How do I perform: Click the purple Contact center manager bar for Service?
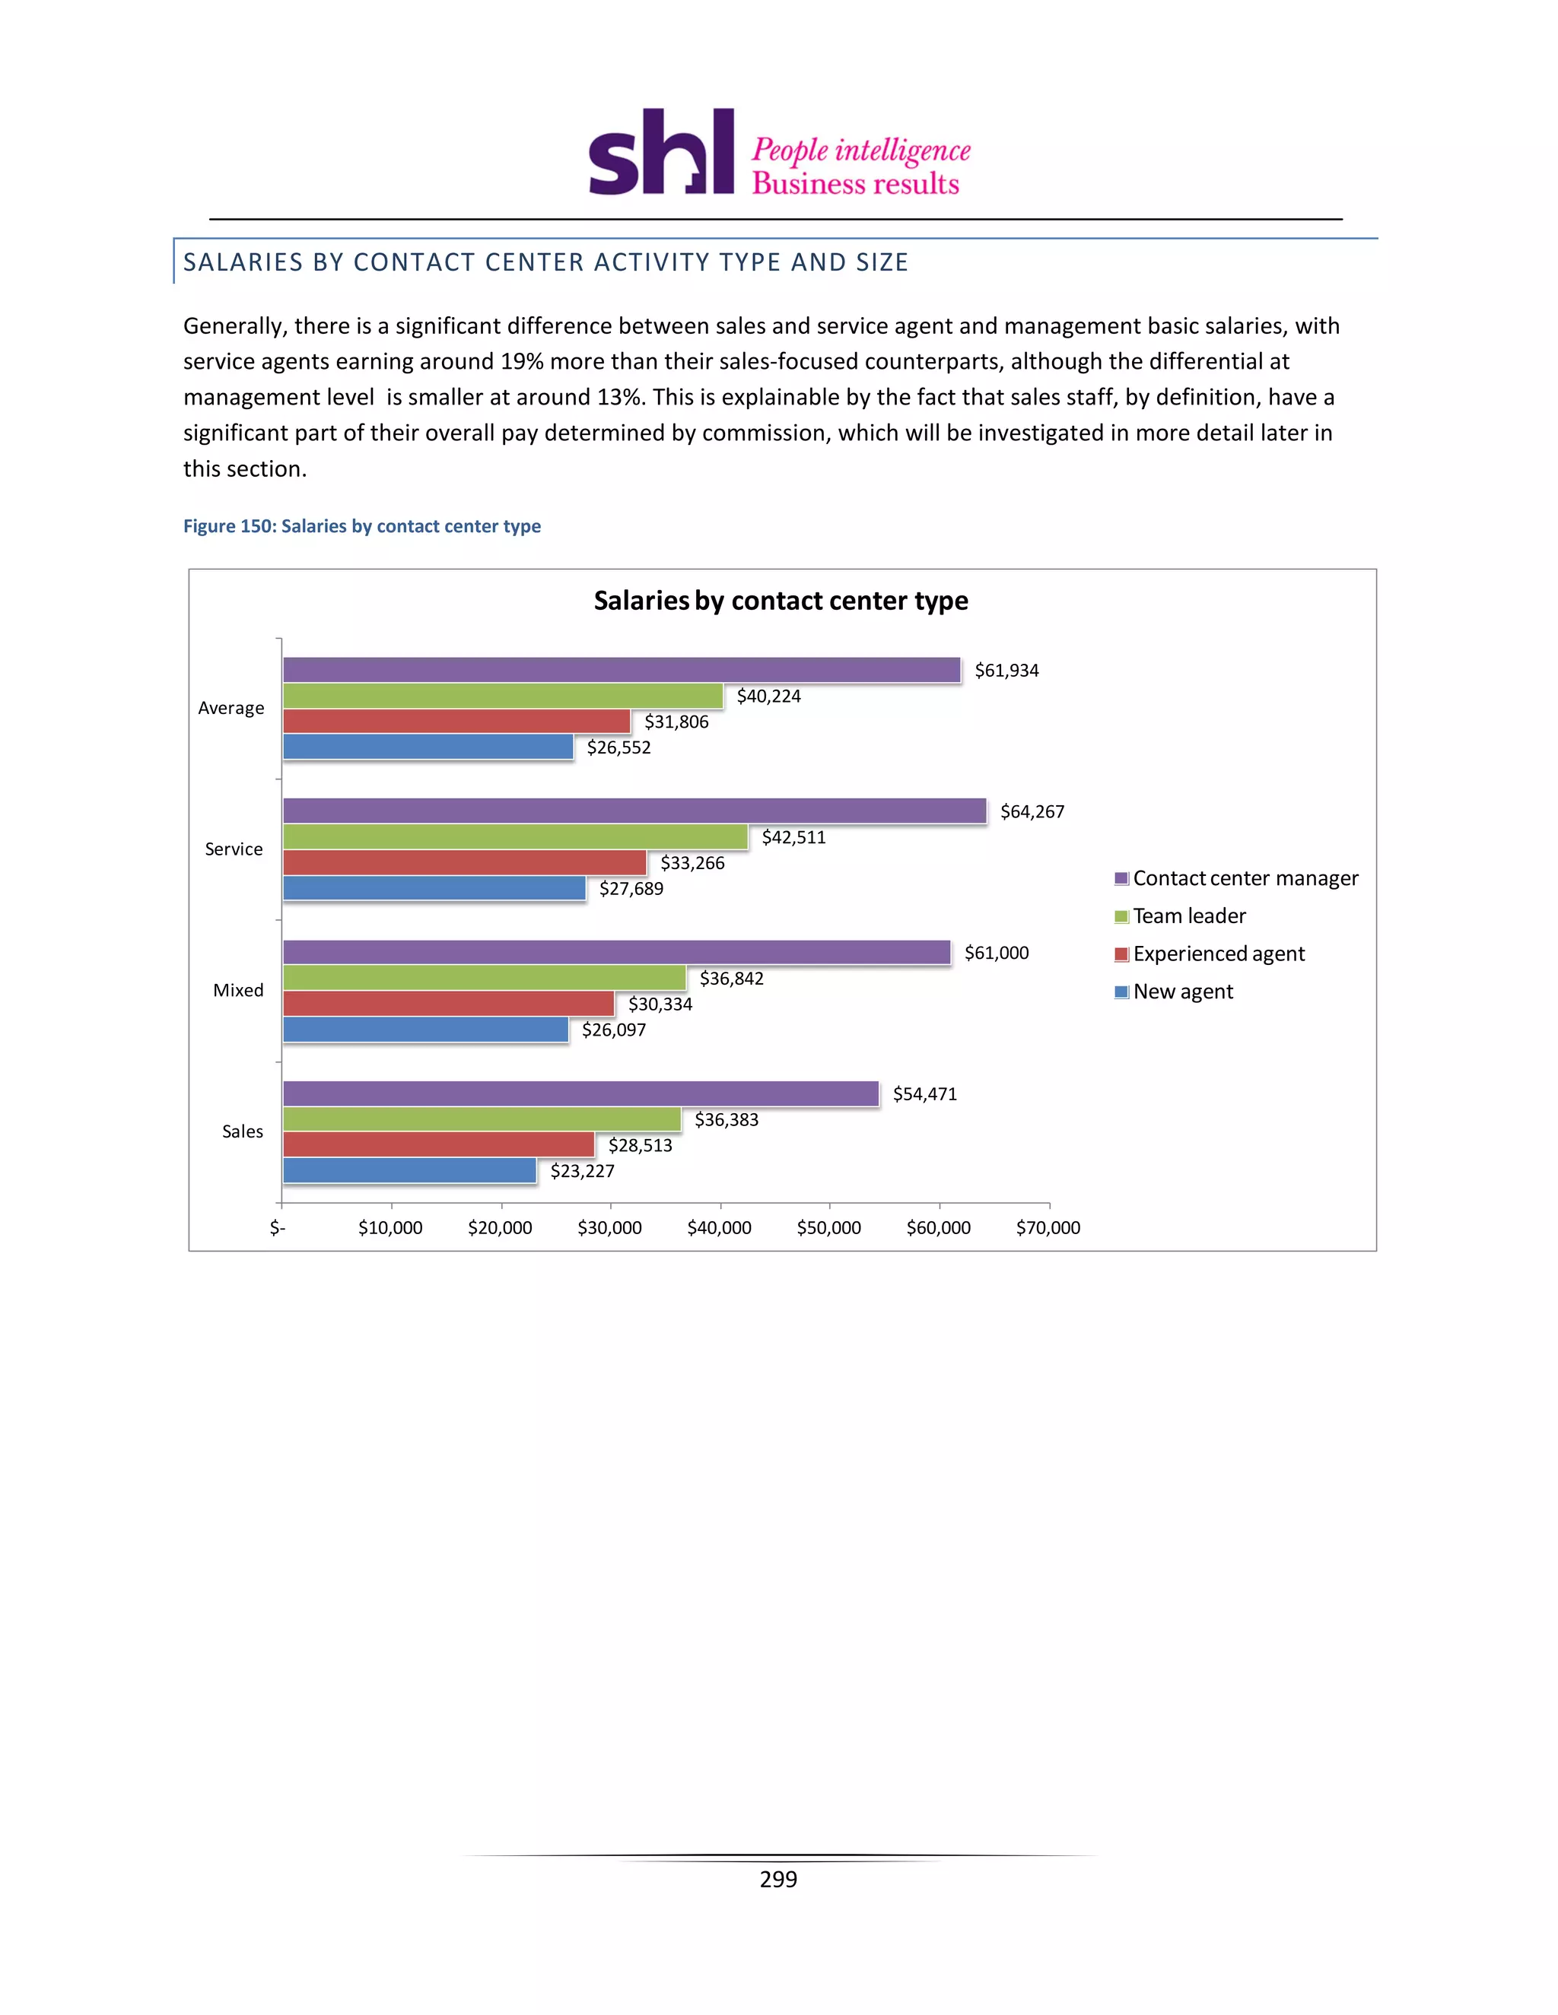[634, 811]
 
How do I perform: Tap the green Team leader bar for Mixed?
[484, 978]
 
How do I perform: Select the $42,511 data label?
[793, 838]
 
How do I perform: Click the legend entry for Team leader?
[1189, 916]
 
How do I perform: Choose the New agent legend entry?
[1182, 992]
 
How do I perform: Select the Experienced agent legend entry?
[1219, 954]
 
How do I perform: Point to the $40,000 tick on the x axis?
[719, 1228]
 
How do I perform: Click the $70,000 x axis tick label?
[1048, 1228]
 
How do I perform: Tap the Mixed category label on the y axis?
[238, 991]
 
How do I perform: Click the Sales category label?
[242, 1132]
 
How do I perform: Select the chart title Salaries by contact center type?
[780, 601]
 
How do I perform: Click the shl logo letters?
[661, 153]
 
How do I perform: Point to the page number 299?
[778, 1880]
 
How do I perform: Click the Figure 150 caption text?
[362, 526]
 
